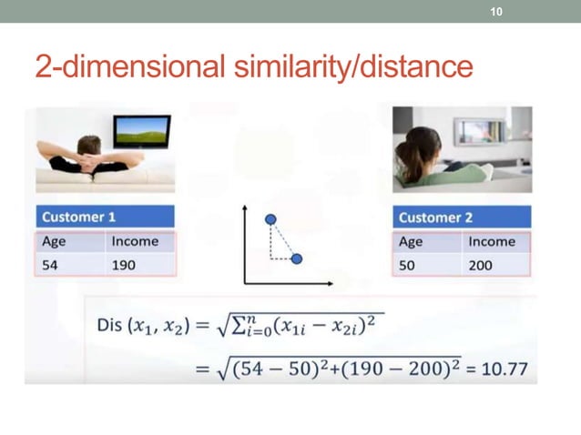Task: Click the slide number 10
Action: (x=496, y=12)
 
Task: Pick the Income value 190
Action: (x=122, y=264)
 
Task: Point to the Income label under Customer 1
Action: (x=134, y=241)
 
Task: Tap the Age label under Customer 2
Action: (x=411, y=241)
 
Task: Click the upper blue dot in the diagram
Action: (x=270, y=219)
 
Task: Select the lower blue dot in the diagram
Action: (x=297, y=258)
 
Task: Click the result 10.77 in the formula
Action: (x=505, y=370)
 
